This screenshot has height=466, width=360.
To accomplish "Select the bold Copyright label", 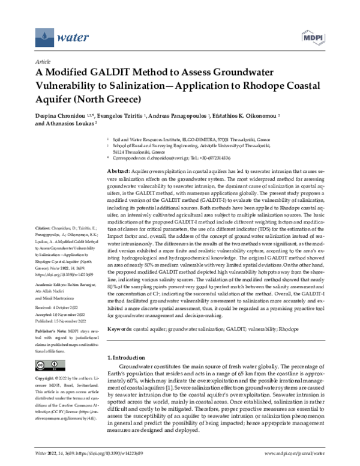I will [x=49, y=379].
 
